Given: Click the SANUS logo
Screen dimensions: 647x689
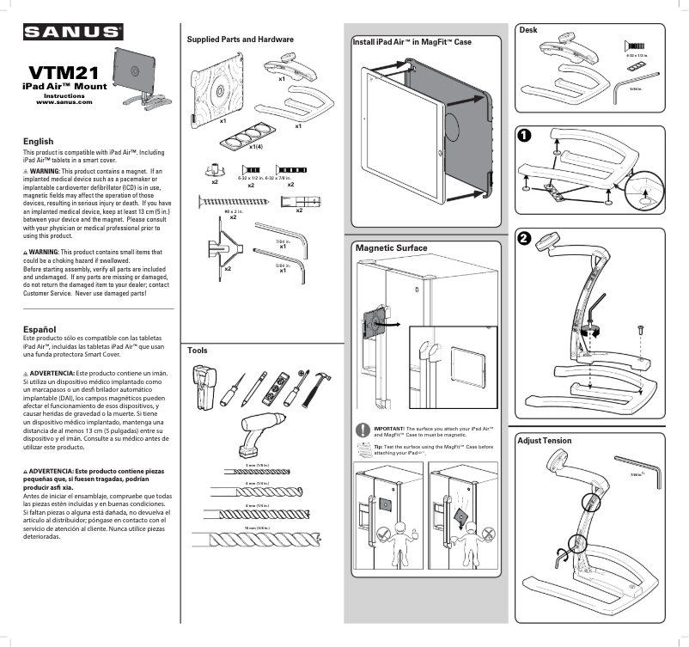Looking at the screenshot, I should tap(72, 33).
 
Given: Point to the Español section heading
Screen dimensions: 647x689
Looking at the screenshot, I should tap(40, 329).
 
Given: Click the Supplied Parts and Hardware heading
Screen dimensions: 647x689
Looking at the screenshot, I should tap(240, 40).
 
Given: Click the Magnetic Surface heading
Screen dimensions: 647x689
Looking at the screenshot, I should tap(391, 247).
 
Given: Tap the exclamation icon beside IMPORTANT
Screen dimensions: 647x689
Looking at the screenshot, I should tap(363, 430).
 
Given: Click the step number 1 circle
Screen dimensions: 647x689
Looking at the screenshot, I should tap(524, 135).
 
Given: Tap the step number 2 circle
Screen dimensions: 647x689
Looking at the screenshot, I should tap(524, 239).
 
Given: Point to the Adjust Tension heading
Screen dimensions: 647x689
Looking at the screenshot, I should tap(544, 440).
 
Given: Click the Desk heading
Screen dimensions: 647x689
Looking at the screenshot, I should tap(528, 30).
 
